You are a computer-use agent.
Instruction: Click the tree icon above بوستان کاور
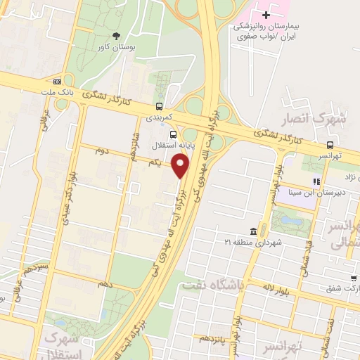point(115,36)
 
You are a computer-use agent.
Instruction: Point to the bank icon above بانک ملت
point(56,81)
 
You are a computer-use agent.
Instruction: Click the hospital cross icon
point(265,15)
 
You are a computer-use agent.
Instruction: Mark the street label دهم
point(105,283)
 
